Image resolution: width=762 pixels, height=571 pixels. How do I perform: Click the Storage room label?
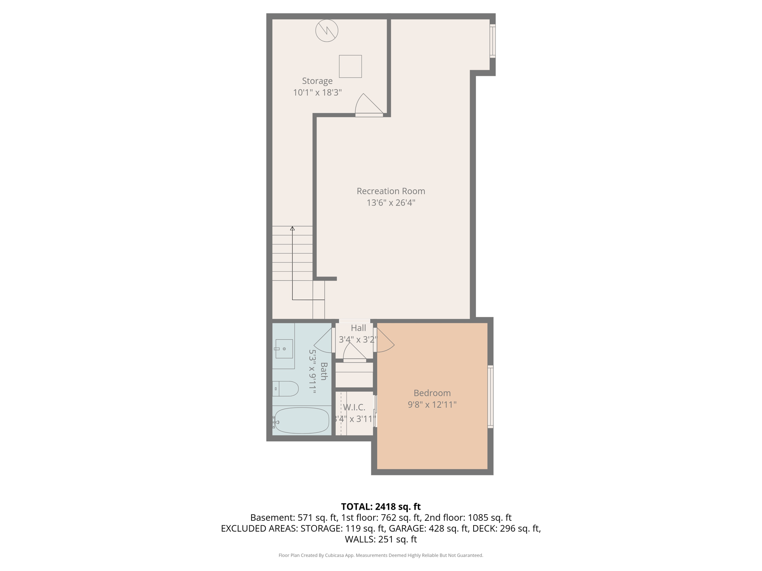317,81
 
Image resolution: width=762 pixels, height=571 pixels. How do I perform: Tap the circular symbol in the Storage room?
327,30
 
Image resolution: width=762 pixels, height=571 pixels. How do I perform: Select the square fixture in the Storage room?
350,67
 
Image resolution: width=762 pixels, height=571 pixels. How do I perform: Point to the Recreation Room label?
391,191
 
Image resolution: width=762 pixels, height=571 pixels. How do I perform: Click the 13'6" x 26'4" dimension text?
391,203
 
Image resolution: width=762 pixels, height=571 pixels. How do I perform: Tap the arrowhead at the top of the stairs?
292,228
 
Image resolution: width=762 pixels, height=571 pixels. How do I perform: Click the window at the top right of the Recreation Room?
492,41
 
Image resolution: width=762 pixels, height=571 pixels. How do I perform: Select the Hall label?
358,328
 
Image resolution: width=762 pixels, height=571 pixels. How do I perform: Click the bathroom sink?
284,349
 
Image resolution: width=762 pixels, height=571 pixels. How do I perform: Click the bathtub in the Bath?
301,420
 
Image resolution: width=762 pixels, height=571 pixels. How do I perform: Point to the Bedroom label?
432,393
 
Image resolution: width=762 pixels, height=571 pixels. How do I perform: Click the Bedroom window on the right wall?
490,396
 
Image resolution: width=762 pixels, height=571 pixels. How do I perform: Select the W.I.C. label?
354,407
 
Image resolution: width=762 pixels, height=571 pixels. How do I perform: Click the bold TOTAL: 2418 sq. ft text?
381,507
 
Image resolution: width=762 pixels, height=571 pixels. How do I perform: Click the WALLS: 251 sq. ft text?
381,539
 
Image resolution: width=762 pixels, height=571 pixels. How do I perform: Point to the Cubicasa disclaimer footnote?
381,555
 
